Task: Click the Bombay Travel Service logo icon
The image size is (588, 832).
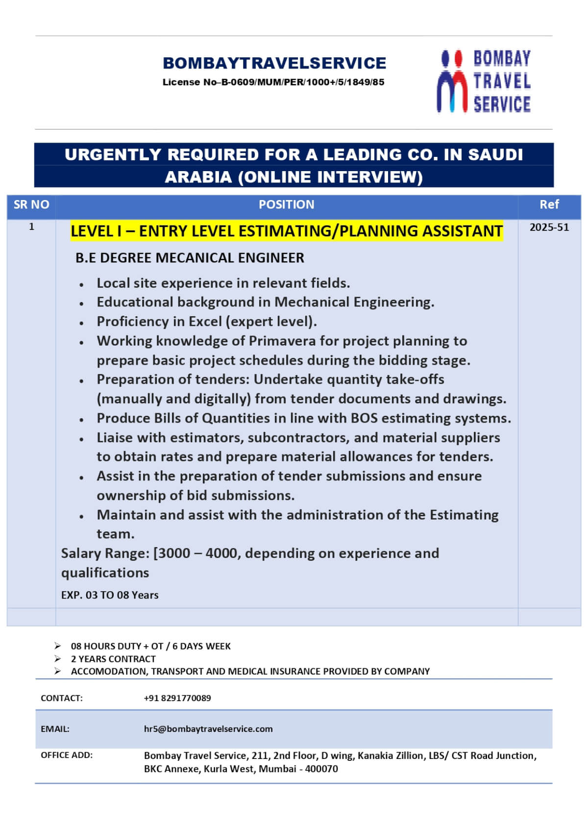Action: [452, 81]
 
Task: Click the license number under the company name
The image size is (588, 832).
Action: [273, 82]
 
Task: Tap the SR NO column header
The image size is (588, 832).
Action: [31, 205]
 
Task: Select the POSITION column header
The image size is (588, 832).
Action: [286, 205]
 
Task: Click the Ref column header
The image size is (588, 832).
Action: [549, 205]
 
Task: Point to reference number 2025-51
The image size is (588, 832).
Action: [549, 227]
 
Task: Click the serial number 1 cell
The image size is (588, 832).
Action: [31, 227]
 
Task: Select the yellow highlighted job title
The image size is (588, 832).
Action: [286, 231]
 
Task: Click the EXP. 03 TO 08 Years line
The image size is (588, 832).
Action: [110, 595]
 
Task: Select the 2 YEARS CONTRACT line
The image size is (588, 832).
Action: [113, 659]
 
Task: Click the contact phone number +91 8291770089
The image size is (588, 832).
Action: [177, 698]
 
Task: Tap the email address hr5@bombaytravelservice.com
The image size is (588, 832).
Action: [208, 729]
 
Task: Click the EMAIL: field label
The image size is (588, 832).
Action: [55, 729]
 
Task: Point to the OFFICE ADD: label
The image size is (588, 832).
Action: [67, 756]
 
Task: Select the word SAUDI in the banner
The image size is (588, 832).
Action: [495, 155]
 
